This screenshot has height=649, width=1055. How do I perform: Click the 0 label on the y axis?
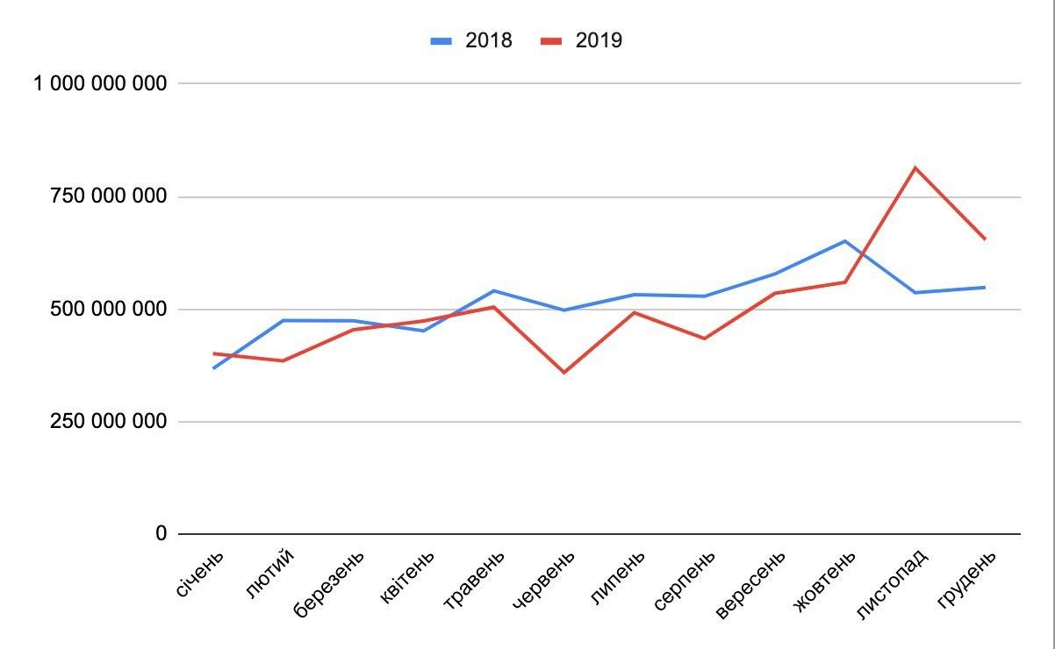[x=161, y=533]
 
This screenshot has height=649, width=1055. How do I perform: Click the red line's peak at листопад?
[x=915, y=168]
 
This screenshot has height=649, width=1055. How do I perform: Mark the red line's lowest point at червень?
[x=563, y=373]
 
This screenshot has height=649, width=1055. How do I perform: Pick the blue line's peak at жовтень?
[x=844, y=240]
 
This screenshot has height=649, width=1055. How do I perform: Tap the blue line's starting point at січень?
[x=213, y=368]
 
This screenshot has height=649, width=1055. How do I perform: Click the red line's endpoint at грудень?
[x=985, y=239]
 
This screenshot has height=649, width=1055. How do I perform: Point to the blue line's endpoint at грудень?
[x=985, y=287]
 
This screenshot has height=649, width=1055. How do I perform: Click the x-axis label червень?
[x=544, y=580]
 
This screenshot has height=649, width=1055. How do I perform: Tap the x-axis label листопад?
[x=891, y=584]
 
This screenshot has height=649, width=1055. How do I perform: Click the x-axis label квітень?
[x=407, y=578]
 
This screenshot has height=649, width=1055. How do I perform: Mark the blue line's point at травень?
[x=494, y=290]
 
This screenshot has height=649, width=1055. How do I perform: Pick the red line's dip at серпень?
[x=704, y=339]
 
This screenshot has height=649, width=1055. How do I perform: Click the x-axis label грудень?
[x=967, y=579]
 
